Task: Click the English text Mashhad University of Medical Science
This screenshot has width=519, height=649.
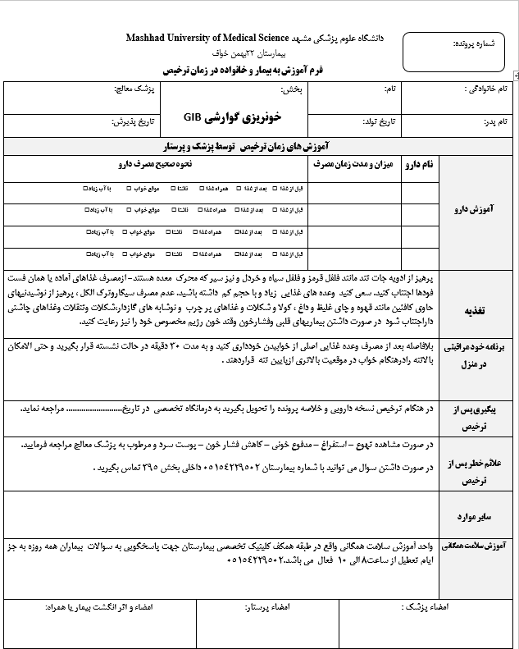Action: click(207, 39)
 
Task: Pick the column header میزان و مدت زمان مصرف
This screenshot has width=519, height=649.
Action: click(354, 165)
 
